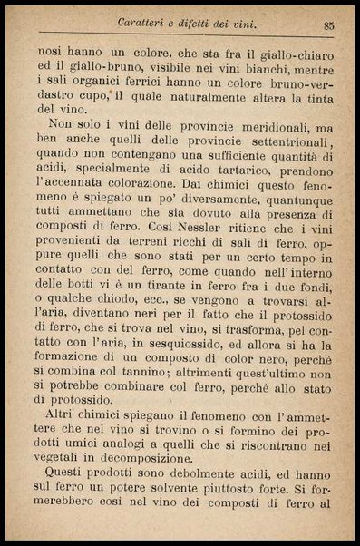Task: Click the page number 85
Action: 328,25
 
